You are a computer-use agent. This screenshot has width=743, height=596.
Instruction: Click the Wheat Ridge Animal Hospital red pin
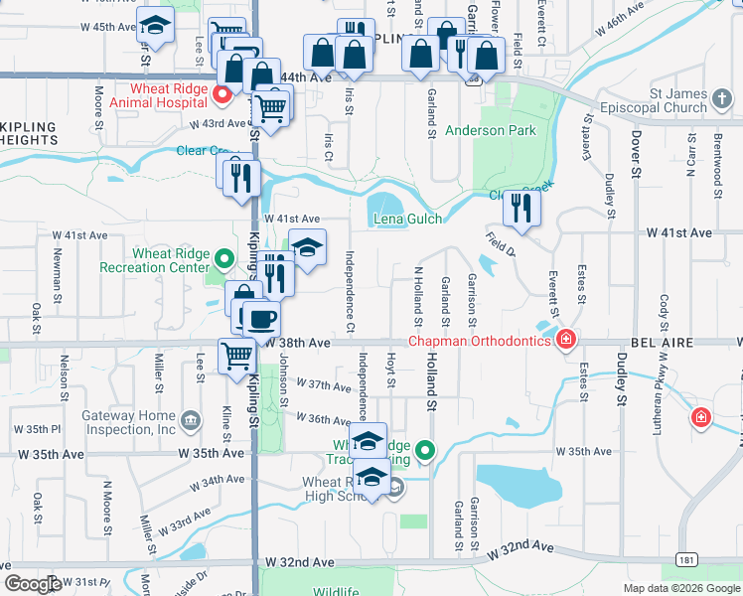223,95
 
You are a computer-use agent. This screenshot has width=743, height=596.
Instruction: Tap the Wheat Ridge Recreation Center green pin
225,260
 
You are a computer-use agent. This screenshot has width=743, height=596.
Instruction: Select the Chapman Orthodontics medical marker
566,340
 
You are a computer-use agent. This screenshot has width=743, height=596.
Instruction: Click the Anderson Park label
490,130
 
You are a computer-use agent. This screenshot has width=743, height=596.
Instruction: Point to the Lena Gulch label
405,219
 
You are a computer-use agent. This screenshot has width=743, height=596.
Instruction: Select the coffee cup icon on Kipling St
262,319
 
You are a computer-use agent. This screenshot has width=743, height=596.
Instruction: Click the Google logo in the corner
33,584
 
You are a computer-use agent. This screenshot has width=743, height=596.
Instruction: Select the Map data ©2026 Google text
681,588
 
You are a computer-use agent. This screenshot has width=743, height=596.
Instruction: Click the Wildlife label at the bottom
336,591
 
